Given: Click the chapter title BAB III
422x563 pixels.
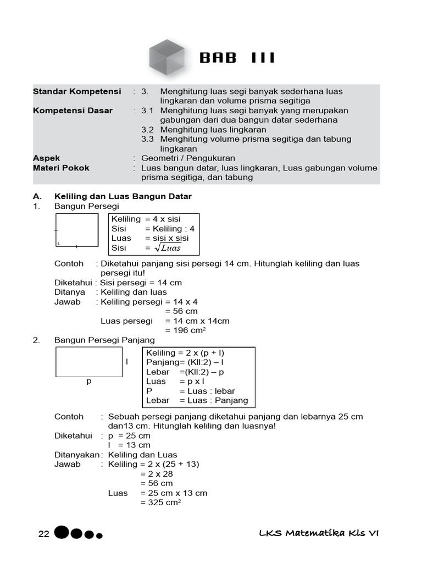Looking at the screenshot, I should click(x=236, y=58).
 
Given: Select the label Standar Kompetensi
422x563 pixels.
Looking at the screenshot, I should click(x=76, y=91).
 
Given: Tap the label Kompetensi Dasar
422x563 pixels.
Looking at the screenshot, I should click(x=73, y=111).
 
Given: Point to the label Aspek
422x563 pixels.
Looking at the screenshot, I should click(x=47, y=158).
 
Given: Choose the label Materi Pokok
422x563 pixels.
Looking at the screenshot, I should click(x=61, y=168).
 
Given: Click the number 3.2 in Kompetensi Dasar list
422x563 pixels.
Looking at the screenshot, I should click(x=147, y=130).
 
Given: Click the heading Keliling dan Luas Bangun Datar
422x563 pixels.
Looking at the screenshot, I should click(x=123, y=196).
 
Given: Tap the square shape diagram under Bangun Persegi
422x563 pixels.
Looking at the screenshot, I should click(x=77, y=230).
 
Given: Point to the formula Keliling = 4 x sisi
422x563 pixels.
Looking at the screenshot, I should click(x=146, y=219).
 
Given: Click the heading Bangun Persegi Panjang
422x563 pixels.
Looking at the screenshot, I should click(x=104, y=340).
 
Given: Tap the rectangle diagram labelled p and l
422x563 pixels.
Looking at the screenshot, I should click(x=88, y=362).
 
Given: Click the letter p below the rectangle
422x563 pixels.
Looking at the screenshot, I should click(x=89, y=381).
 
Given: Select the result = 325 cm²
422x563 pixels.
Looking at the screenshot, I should click(x=160, y=503).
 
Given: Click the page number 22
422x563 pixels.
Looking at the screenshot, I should click(x=44, y=534).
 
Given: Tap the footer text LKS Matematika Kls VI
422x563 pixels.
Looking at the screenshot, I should click(x=319, y=533).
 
